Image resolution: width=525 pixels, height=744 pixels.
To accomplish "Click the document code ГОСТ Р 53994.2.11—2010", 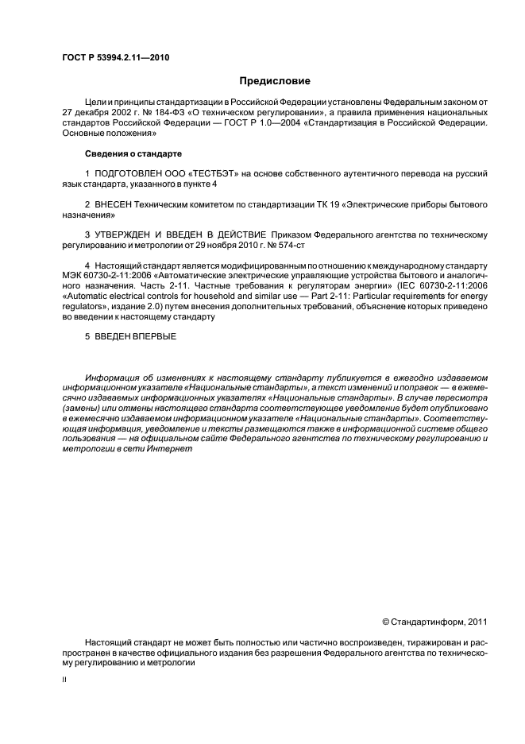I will point(115,58).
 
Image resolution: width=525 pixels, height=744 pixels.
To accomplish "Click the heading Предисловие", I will point(275,81).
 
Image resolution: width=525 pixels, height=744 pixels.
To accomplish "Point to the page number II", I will point(64,680).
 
